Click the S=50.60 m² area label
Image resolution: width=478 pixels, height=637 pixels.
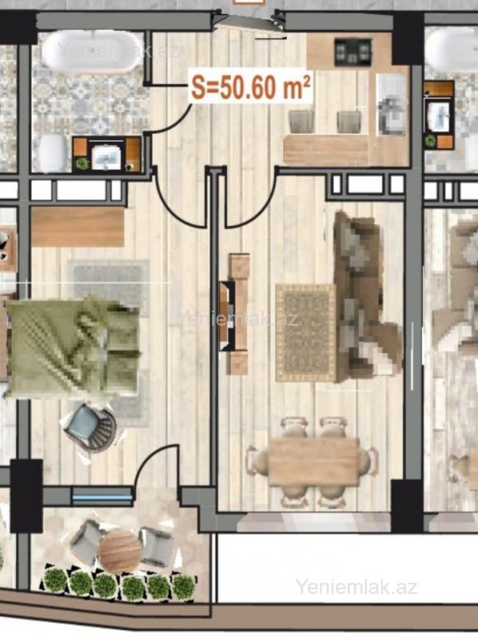pos(251,87)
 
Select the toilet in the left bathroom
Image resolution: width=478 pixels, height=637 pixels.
pos(52,153)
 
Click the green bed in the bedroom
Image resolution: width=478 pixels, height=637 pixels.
pos(72,346)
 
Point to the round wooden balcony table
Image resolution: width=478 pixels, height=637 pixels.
pos(119,550)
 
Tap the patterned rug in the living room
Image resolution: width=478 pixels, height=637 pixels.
pos(306,333)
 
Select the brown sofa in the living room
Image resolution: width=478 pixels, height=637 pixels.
pos(366,295)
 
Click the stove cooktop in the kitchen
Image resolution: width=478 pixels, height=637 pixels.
pos(353,52)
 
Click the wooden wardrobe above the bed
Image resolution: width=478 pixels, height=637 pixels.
pos(77,227)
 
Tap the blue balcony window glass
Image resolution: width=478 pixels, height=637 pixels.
pos(102,497)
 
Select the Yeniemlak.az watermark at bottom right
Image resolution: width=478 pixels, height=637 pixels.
pos(356,587)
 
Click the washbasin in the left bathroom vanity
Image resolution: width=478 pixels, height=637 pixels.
pos(106,157)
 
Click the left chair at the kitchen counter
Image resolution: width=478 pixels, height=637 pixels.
pos(301,122)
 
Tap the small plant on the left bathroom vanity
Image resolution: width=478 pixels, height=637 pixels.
pos(82,163)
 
